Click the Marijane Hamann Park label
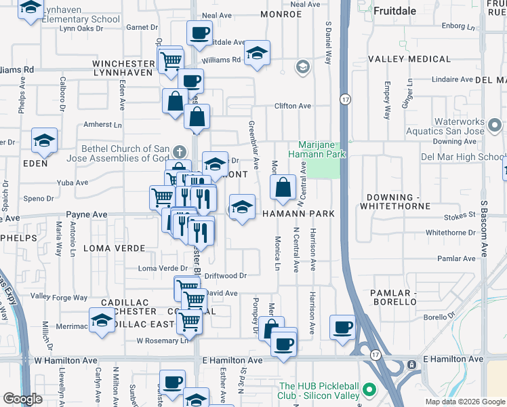pos(322,150)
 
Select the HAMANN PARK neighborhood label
pos(299,214)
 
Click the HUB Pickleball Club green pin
pos(369,390)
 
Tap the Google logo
pos(22,399)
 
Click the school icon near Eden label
pos(45,140)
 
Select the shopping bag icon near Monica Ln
pos(283,187)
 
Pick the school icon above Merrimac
pos(102,319)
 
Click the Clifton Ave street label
pos(292,106)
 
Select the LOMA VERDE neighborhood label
pos(110,248)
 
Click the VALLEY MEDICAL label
pos(409,59)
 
